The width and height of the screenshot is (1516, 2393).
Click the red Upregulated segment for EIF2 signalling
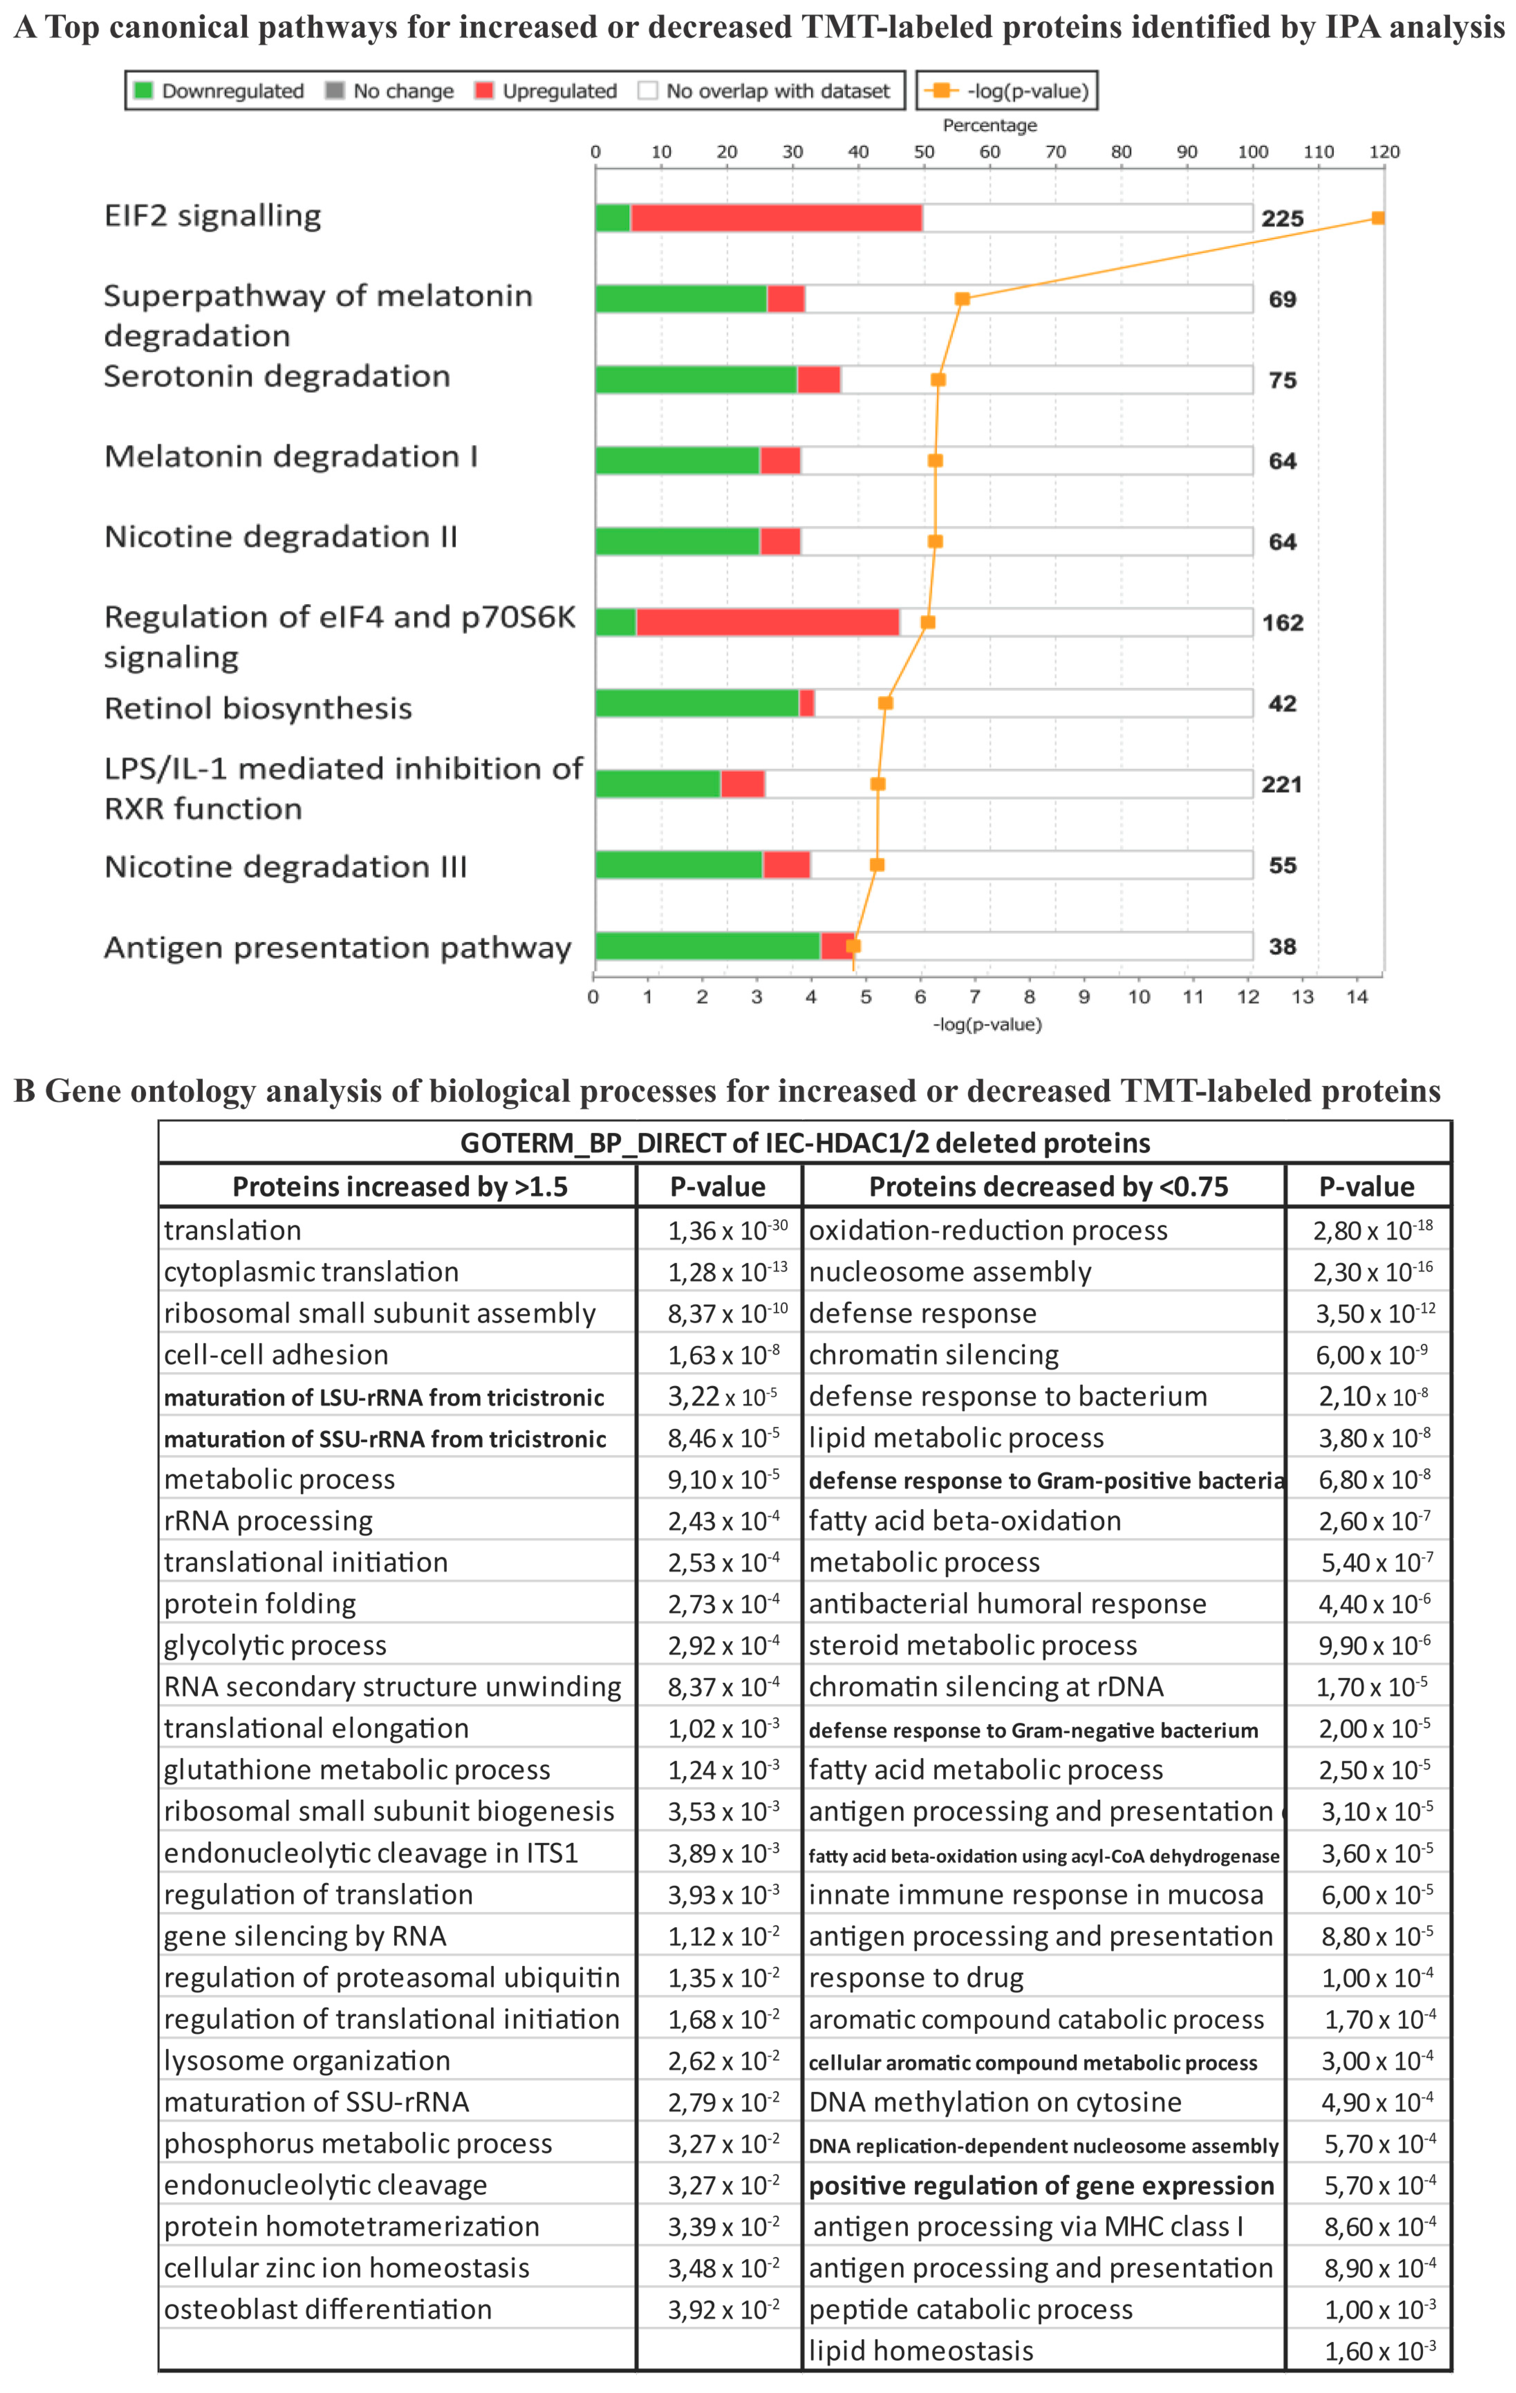[x=776, y=218]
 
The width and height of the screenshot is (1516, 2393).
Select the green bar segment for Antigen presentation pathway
[x=707, y=946]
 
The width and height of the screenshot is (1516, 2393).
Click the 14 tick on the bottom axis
[x=1357, y=997]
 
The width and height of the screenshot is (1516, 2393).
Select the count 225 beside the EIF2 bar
[x=1282, y=219]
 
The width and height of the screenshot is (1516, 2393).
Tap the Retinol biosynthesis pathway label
[x=258, y=709]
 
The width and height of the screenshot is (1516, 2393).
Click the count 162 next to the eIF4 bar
[x=1282, y=623]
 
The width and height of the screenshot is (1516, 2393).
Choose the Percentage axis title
[x=989, y=125]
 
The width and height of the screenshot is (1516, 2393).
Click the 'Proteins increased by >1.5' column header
[x=399, y=1187]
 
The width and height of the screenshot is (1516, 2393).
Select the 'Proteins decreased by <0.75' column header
[x=1048, y=1187]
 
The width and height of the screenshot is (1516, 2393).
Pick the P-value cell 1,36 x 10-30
[x=726, y=1230]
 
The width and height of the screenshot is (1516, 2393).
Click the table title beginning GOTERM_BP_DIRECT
[x=805, y=1143]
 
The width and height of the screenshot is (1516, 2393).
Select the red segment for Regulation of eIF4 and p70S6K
[x=767, y=622]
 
